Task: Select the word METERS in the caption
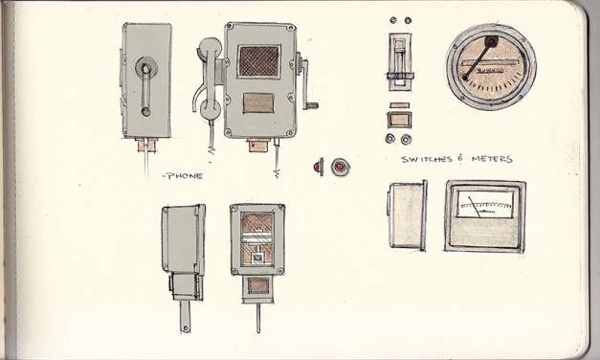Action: click(492, 159)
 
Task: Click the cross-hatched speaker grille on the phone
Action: click(258, 61)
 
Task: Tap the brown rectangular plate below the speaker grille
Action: click(258, 103)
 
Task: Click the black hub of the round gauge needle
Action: click(492, 41)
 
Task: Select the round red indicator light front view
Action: click(340, 167)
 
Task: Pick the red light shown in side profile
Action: click(319, 167)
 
